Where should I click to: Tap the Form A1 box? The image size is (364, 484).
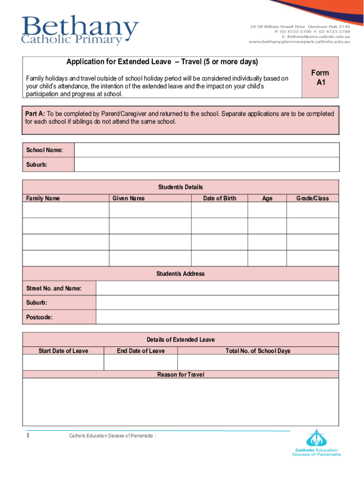pyautogui.click(x=320, y=77)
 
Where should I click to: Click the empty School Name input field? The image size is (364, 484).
pyautogui.click(x=207, y=150)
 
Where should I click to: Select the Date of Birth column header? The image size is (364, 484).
pyautogui.click(x=219, y=198)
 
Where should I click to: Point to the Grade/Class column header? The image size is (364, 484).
pyautogui.click(x=312, y=198)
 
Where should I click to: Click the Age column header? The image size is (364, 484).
pyautogui.click(x=267, y=198)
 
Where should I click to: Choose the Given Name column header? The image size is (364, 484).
pyautogui.click(x=129, y=198)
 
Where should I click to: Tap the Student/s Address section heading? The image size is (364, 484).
pyautogui.click(x=181, y=274)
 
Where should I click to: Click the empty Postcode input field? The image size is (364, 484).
pyautogui.click(x=217, y=317)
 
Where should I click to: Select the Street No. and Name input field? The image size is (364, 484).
pyautogui.click(x=217, y=288)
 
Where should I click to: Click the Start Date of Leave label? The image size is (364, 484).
pyautogui.click(x=63, y=351)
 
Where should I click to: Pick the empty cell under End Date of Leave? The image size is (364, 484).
pyautogui.click(x=140, y=363)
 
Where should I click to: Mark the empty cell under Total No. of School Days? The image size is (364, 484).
pyautogui.click(x=258, y=363)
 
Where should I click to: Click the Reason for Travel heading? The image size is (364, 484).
pyautogui.click(x=181, y=374)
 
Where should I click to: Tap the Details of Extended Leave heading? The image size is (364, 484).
pyautogui.click(x=181, y=340)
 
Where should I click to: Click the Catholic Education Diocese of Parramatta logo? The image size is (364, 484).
pyautogui.click(x=316, y=443)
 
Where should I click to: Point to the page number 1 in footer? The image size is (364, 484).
pyautogui.click(x=28, y=435)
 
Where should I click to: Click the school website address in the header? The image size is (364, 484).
pyautogui.click(x=300, y=42)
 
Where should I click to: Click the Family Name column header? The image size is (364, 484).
pyautogui.click(x=43, y=198)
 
